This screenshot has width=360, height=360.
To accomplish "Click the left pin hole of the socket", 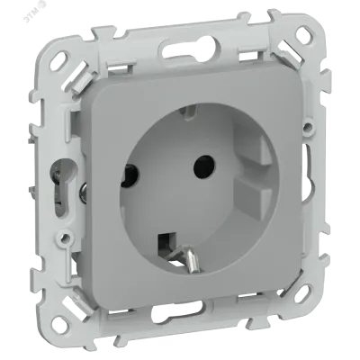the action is pos(129,175).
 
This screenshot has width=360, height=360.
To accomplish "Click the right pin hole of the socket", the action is pos(204,165).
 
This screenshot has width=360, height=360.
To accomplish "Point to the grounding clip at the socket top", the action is pos(187,111).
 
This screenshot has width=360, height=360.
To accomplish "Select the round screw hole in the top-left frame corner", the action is pos(59,57).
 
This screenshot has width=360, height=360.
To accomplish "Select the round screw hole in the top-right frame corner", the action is pos(302,32).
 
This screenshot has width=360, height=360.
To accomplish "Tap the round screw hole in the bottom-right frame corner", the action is pos(301,292).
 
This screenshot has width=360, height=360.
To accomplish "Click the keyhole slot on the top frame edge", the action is pos(191,49).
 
